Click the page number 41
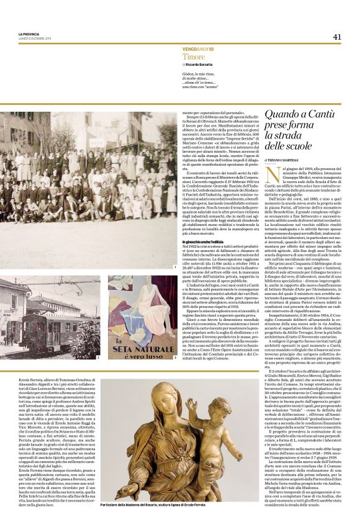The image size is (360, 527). (337, 36)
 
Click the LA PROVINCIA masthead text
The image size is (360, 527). (29, 34)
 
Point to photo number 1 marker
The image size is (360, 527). (176, 267)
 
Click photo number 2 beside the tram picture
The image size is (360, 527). (98, 358)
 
